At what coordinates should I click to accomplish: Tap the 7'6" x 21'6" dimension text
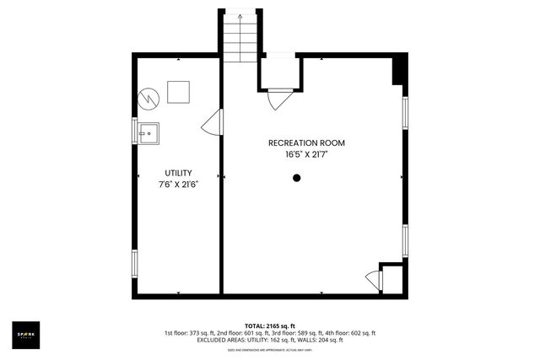pos(178,184)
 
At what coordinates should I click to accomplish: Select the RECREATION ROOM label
pos(306,143)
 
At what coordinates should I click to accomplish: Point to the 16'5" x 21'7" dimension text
pos(306,155)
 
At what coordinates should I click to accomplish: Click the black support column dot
pos(296,178)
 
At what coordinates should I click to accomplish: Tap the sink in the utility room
pos(148,132)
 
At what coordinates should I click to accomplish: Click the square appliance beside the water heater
pos(178,90)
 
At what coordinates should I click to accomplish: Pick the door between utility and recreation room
pos(212,126)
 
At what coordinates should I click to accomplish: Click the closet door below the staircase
pos(279,99)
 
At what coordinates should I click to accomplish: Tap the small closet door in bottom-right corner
pos(371,280)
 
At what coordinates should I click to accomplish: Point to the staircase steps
pos(241,38)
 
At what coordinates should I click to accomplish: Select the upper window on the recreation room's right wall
pos(405,112)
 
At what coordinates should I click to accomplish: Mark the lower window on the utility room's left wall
pos(134,263)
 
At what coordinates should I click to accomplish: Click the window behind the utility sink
pos(134,132)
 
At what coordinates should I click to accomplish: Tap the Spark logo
pos(24,334)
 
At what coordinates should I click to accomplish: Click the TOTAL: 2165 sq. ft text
pos(269,325)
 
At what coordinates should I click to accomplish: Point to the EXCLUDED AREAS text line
pos(269,340)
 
